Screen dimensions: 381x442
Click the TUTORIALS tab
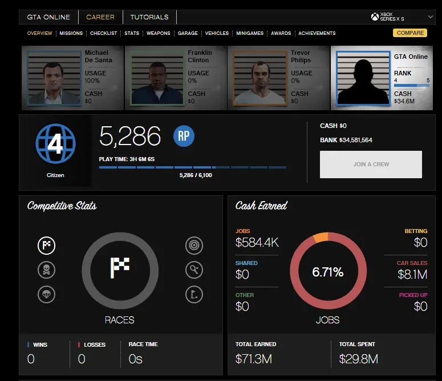coord(149,17)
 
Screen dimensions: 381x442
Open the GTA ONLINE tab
coord(48,17)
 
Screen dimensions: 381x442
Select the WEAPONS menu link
coord(158,33)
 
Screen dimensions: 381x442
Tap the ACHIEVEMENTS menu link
coord(317,33)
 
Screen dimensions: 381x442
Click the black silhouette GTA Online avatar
coord(362,78)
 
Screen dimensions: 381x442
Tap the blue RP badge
coord(184,136)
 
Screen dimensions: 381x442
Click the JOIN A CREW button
coord(371,165)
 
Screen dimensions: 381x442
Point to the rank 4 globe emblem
coord(55,145)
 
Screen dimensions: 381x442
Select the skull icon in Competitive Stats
coord(46,270)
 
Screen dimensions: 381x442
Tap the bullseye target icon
coord(194,246)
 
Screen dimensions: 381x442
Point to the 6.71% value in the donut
coord(327,272)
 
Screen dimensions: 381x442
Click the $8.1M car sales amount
coord(412,275)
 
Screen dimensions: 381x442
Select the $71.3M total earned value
coord(254,359)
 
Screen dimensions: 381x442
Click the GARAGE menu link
coord(187,33)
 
